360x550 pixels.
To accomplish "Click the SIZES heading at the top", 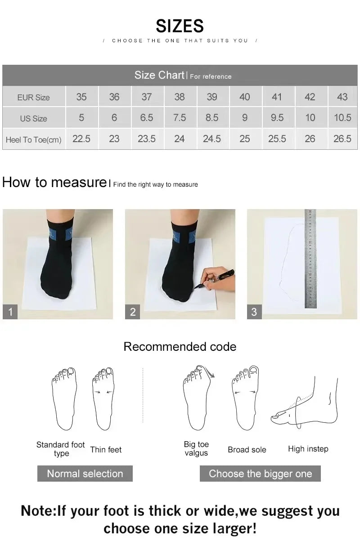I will (x=180, y=26).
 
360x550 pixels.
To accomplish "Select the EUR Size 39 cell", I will (x=212, y=97).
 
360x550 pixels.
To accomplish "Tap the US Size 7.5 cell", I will (x=179, y=118).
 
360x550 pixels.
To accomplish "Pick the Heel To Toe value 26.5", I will (x=342, y=139).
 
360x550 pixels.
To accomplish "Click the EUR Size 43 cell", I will (x=342, y=97).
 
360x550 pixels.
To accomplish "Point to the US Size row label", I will (x=33, y=119).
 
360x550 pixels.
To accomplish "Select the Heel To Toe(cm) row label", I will (x=33, y=140).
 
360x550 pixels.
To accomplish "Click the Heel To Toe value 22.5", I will (x=81, y=139).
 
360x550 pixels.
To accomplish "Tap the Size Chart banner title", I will (x=159, y=75).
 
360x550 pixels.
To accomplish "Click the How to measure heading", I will (x=54, y=182).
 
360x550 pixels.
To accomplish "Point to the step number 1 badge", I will (x=10, y=312).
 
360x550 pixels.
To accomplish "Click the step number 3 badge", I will (x=254, y=312).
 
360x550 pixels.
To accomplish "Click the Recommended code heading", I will (x=180, y=347).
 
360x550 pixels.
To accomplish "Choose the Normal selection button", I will (x=85, y=474).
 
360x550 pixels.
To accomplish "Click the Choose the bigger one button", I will (x=260, y=474).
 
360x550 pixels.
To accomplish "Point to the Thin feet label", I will (x=106, y=450).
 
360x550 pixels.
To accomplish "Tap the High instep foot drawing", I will (x=306, y=405).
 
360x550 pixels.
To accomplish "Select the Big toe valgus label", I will (x=196, y=449).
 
